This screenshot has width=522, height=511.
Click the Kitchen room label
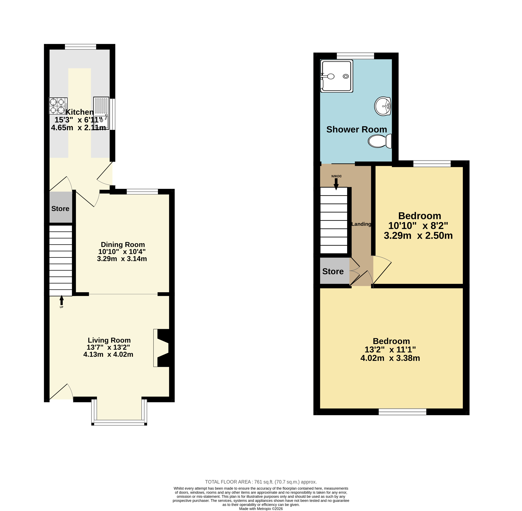79,112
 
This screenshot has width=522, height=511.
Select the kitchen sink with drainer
101,113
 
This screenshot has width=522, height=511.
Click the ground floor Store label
60,209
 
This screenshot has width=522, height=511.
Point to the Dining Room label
123,244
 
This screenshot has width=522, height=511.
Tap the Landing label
361,224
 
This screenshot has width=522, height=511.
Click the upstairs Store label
333,271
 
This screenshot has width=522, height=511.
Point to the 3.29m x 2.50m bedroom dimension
418,235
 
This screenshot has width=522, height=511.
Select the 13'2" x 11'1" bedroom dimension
390,349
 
